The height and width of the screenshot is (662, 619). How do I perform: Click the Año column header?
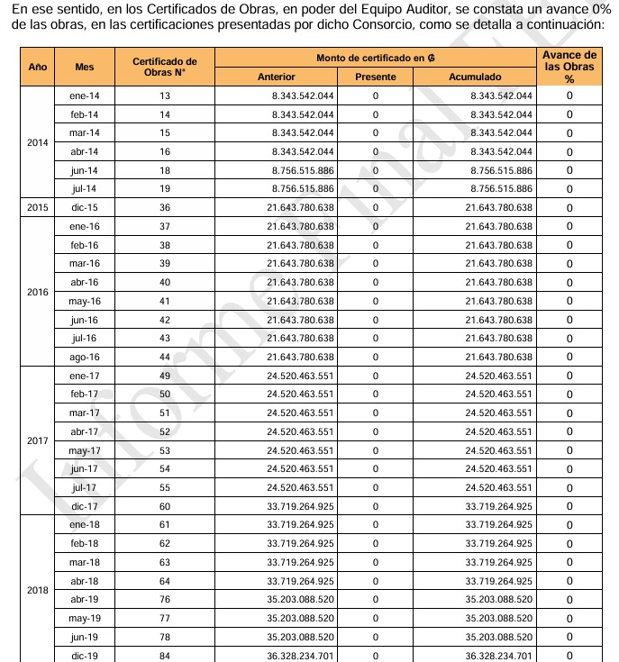pyautogui.click(x=38, y=68)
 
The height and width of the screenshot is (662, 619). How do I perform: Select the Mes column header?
pyautogui.click(x=84, y=68)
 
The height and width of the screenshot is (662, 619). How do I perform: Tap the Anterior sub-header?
pyautogui.click(x=276, y=77)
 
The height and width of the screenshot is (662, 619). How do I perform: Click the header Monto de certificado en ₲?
pyautogui.click(x=376, y=59)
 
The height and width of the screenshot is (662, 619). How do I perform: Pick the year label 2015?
pyautogui.click(x=38, y=207)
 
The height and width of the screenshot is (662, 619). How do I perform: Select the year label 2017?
pyautogui.click(x=38, y=441)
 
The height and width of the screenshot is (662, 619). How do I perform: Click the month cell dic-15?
pyautogui.click(x=84, y=207)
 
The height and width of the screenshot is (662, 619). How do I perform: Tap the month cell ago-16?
pyautogui.click(x=84, y=357)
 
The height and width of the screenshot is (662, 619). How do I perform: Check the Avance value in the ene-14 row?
pyautogui.click(x=569, y=95)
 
